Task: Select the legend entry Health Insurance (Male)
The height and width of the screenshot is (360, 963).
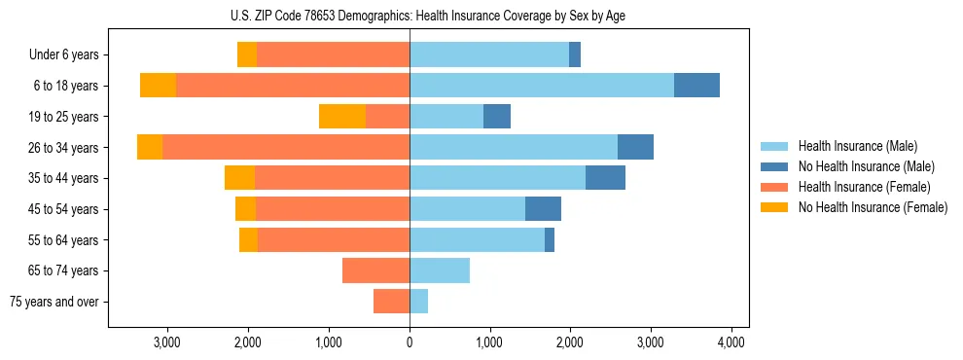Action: click(x=857, y=146)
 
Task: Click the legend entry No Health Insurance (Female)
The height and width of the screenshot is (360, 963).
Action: click(x=873, y=207)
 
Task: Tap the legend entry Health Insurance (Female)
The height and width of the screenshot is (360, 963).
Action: click(x=864, y=187)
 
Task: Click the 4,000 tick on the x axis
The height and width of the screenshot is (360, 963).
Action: click(x=731, y=342)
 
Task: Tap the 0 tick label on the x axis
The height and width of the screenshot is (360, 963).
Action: click(x=410, y=342)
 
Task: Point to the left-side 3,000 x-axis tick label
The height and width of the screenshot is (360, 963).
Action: click(x=166, y=342)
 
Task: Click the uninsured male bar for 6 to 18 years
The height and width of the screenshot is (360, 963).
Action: click(x=696, y=86)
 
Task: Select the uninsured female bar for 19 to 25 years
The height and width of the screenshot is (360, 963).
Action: click(x=342, y=117)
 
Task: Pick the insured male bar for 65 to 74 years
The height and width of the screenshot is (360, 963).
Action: click(x=440, y=270)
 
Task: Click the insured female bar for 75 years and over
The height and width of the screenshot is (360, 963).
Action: click(x=391, y=302)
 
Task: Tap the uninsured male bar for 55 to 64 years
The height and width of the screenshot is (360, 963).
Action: click(x=550, y=239)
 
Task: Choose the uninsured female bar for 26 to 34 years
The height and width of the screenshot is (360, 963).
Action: click(x=150, y=147)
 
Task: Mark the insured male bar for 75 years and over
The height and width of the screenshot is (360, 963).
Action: click(x=418, y=302)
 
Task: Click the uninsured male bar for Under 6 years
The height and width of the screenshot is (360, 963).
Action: click(x=575, y=55)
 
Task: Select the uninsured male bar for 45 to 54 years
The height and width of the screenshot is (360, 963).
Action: click(x=543, y=209)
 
